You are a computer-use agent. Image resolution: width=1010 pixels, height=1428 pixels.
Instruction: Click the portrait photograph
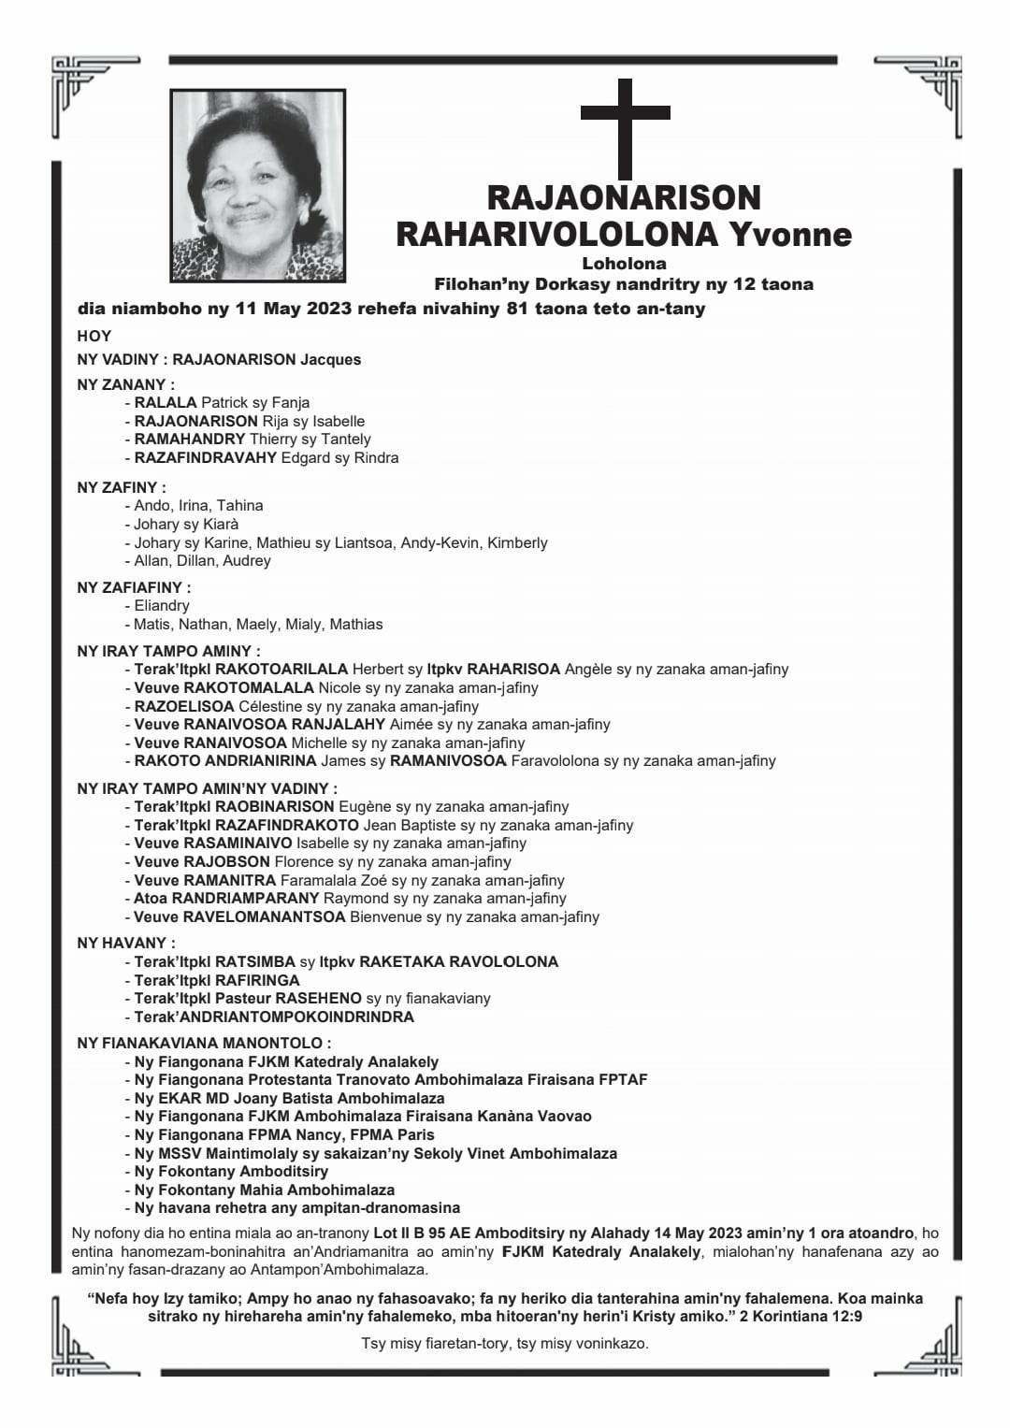pyautogui.click(x=258, y=185)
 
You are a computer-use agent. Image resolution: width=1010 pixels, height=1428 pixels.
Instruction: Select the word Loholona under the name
pyautogui.click(x=624, y=264)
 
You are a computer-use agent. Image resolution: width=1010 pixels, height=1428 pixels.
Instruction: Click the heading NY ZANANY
pyautogui.click(x=125, y=384)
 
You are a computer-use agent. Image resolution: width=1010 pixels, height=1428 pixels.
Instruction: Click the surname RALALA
pyautogui.click(x=166, y=403)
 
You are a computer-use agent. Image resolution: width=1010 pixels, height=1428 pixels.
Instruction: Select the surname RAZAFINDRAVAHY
pyautogui.click(x=206, y=458)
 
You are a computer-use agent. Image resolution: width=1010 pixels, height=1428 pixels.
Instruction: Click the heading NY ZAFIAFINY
pyautogui.click(x=134, y=587)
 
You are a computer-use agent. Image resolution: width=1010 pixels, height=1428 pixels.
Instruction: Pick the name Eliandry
pyautogui.click(x=162, y=606)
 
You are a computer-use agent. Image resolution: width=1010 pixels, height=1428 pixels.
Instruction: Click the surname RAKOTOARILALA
pyautogui.click(x=281, y=670)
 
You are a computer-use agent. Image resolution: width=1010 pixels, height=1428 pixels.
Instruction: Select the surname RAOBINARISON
pyautogui.click(x=274, y=806)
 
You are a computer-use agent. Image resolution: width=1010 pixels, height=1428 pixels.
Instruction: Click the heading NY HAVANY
pyautogui.click(x=125, y=943)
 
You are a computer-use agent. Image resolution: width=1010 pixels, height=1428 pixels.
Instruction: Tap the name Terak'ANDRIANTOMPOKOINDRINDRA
pyautogui.click(x=274, y=1017)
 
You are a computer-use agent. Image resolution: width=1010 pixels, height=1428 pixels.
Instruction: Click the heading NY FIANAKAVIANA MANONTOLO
pyautogui.click(x=204, y=1043)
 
